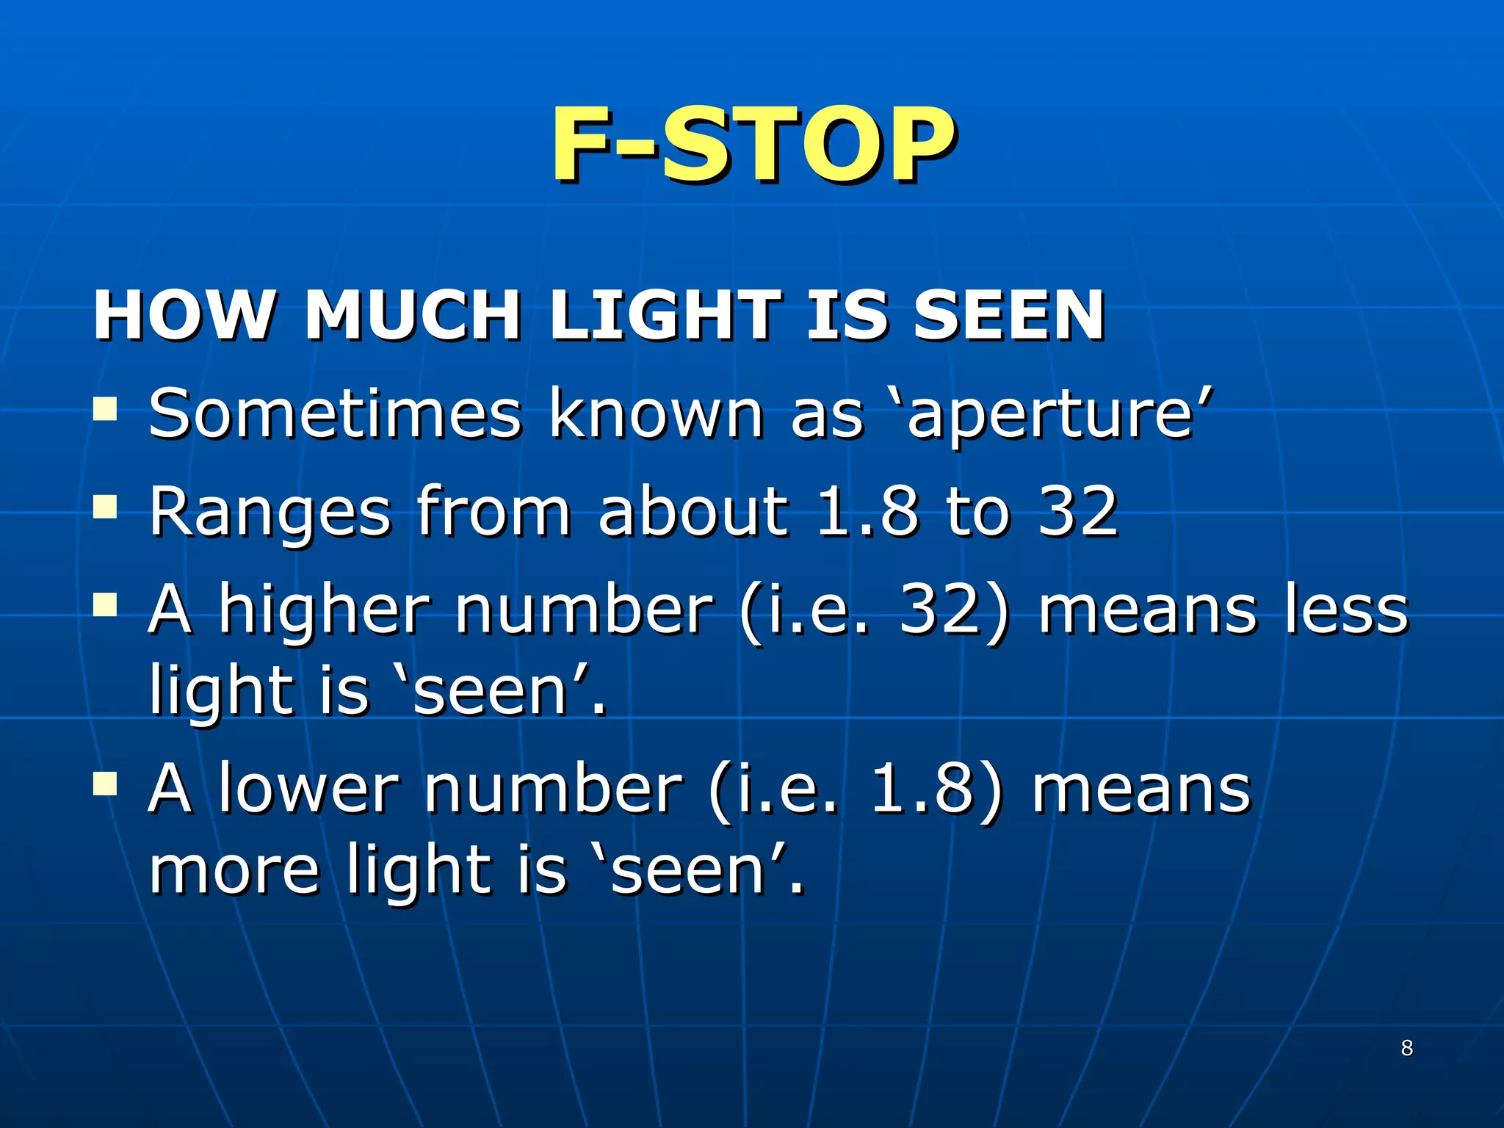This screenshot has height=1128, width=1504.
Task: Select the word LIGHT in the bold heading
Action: pos(665,316)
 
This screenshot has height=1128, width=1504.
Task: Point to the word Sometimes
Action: pos(335,415)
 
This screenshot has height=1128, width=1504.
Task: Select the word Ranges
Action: pos(270,514)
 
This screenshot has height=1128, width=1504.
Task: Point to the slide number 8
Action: pos(1406,1048)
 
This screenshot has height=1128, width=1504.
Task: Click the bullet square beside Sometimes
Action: pos(106,408)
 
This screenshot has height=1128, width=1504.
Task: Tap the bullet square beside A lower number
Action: pos(106,784)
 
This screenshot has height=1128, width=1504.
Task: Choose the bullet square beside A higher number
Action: pos(106,605)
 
